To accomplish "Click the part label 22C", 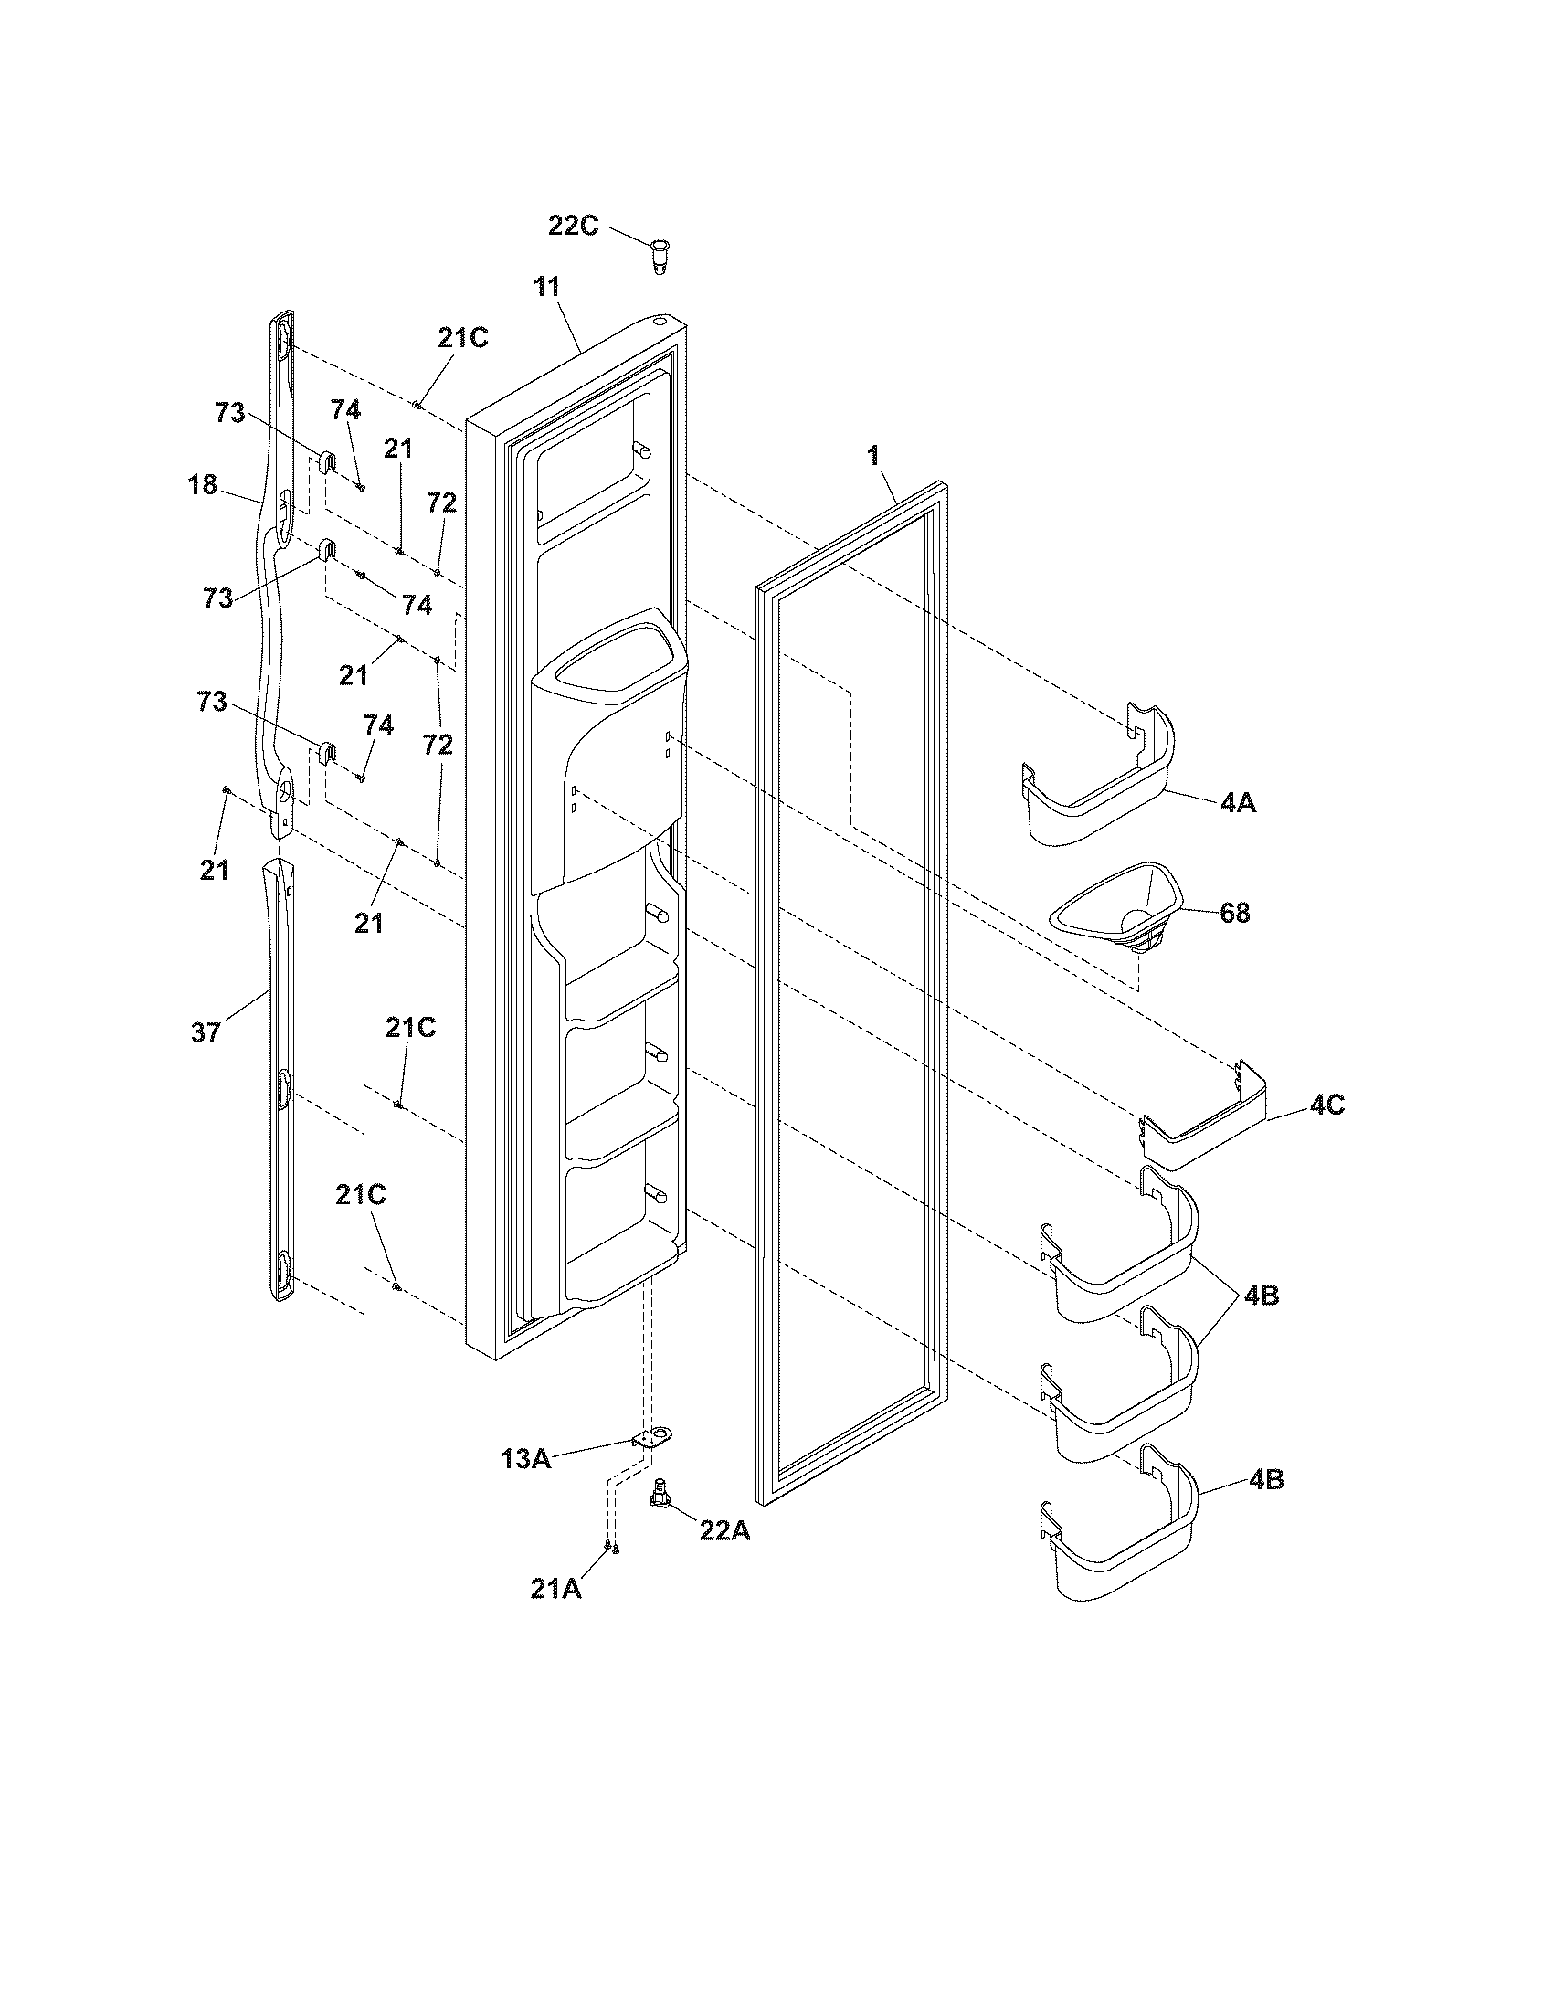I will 573,225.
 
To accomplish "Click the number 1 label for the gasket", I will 872,455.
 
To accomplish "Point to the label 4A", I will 1238,802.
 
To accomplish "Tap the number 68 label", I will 1234,913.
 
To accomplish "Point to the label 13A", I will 526,1458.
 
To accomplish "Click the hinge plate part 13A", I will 653,1438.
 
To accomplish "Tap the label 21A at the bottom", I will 555,1589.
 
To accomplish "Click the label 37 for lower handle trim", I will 206,1032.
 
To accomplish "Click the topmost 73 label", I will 230,413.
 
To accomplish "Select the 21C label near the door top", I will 462,338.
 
